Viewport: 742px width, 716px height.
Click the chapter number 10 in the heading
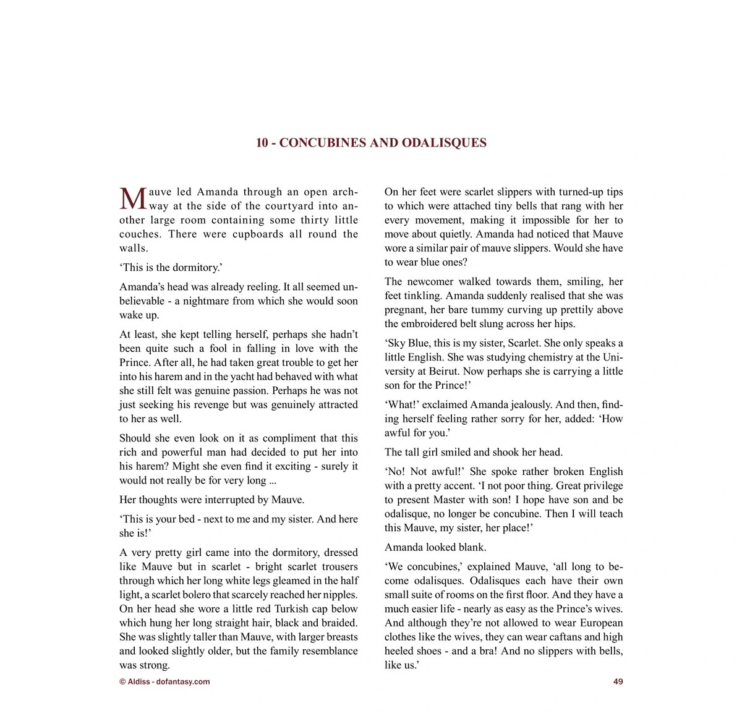(x=262, y=143)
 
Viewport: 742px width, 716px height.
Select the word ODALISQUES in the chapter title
(x=444, y=143)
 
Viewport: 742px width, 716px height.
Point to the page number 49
(x=618, y=681)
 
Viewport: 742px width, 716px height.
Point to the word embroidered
(x=431, y=323)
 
